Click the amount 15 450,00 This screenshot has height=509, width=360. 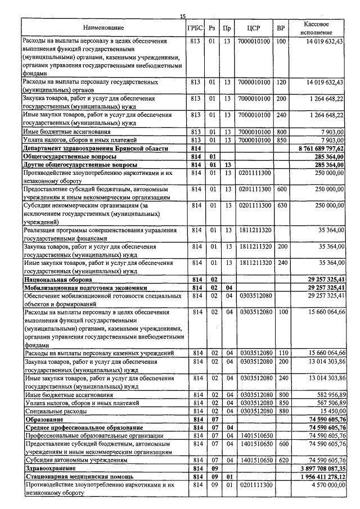tap(327, 411)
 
